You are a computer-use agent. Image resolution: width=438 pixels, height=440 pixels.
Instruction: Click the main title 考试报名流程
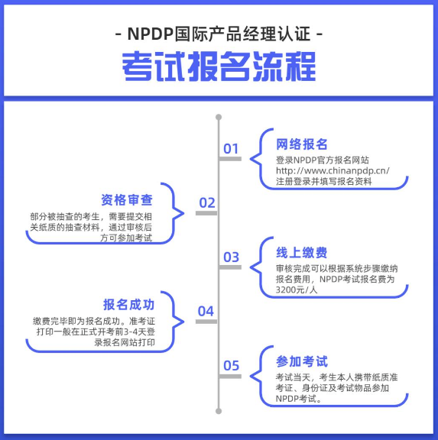point(219,68)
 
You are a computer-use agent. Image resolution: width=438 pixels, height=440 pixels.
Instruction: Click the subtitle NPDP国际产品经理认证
point(219,35)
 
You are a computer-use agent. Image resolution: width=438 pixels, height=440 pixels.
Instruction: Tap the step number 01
point(231,148)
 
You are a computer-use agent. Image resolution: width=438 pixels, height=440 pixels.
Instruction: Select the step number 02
point(207,202)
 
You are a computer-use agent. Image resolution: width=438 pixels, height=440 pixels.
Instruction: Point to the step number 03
point(231,257)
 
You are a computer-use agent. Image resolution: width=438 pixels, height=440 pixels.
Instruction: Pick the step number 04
point(206,311)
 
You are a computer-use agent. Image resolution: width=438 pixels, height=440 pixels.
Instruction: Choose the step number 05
point(231,366)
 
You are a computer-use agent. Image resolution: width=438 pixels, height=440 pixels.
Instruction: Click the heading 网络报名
point(302,144)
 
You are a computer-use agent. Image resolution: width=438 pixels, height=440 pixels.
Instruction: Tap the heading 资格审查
point(128,200)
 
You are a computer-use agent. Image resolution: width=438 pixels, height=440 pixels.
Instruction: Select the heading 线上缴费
point(302,253)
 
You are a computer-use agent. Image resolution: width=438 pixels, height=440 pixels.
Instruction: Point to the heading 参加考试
point(302,361)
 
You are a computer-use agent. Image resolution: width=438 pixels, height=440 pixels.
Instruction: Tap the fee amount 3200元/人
point(297,290)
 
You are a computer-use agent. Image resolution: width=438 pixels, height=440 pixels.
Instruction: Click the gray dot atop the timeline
point(219,118)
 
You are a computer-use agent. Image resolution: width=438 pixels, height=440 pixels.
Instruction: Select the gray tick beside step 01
point(230,159)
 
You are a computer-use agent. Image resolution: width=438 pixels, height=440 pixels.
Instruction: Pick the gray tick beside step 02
point(206,213)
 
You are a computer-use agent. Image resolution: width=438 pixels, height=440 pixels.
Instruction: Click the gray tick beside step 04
point(206,322)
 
